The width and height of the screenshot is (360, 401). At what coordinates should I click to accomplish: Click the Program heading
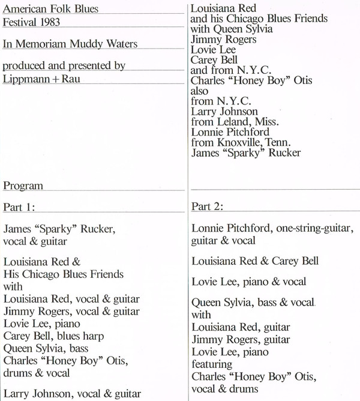[x=23, y=186]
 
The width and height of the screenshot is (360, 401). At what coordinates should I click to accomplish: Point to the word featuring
[x=211, y=364]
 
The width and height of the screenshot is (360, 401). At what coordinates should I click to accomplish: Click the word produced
[x=24, y=65]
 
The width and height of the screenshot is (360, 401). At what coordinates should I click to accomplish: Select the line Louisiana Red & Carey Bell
[x=255, y=261]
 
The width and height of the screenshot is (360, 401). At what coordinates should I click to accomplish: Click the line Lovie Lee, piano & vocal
[x=249, y=282]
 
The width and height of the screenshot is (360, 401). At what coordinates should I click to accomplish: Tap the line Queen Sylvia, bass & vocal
[x=254, y=303]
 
